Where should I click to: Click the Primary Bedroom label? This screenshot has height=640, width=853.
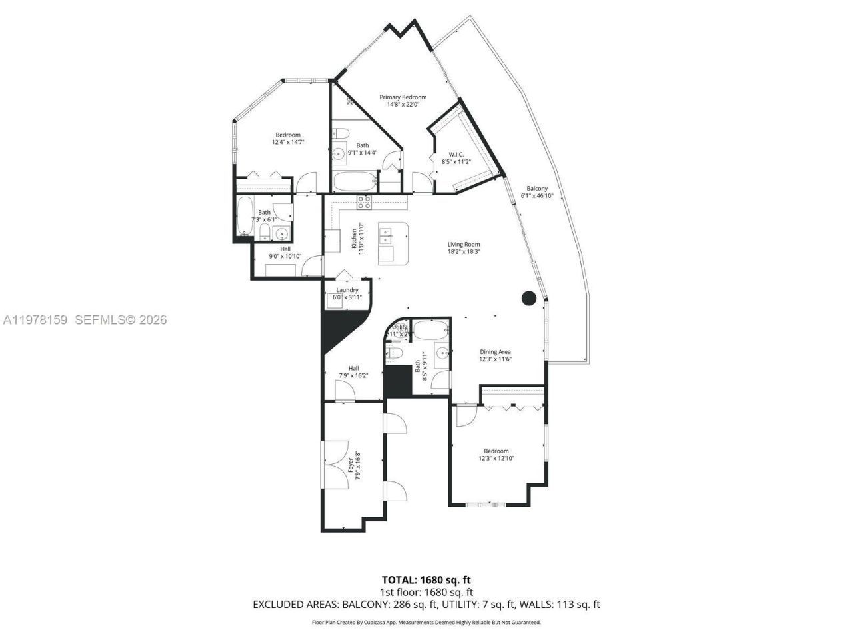pyautogui.click(x=403, y=97)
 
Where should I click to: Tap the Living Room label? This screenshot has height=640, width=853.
pyautogui.click(x=463, y=244)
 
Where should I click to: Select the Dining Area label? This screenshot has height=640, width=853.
pyautogui.click(x=495, y=351)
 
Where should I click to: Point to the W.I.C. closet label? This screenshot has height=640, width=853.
pyautogui.click(x=456, y=154)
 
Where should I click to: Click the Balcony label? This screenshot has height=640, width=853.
pyautogui.click(x=537, y=189)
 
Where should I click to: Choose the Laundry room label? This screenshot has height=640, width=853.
pyautogui.click(x=347, y=290)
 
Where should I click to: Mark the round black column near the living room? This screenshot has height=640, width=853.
pyautogui.click(x=528, y=298)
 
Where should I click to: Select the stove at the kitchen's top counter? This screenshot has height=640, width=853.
pyautogui.click(x=365, y=201)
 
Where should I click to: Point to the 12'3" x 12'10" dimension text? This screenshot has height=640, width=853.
pyautogui.click(x=496, y=458)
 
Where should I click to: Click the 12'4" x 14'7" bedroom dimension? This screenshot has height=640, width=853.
pyautogui.click(x=288, y=142)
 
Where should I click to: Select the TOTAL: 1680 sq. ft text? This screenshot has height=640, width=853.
pyautogui.click(x=426, y=579)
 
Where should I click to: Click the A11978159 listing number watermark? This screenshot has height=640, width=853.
pyautogui.click(x=35, y=320)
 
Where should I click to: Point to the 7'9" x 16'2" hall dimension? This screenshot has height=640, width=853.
pyautogui.click(x=353, y=375)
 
